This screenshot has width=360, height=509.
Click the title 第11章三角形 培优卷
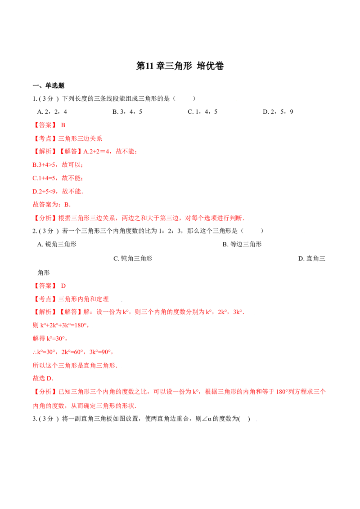[x=180, y=66]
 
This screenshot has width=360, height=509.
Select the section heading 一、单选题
[x=49, y=86]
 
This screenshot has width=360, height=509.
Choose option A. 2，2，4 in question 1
[x=52, y=112]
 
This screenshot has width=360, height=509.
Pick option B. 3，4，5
[x=127, y=112]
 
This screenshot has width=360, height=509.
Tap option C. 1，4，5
[x=202, y=112]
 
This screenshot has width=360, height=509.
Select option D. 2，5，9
[x=278, y=112]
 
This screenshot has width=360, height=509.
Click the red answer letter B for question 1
[x=63, y=125]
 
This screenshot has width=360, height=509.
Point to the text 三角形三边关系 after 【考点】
[x=80, y=138]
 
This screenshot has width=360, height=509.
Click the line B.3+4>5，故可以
[x=58, y=165]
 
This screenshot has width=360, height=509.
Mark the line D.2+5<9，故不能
[x=58, y=192]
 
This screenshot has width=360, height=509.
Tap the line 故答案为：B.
[x=52, y=205]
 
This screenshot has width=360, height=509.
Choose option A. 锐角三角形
[x=57, y=244]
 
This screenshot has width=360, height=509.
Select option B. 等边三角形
[x=242, y=244]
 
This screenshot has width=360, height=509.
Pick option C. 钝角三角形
[x=133, y=259]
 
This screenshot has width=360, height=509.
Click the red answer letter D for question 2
[x=63, y=286]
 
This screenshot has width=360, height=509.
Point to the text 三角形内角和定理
[x=84, y=299]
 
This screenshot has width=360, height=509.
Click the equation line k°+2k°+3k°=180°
[x=61, y=325]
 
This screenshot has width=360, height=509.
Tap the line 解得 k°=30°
[x=50, y=339]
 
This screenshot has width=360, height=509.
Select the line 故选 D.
[x=43, y=379]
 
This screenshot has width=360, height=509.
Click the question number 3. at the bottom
[x=35, y=419]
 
